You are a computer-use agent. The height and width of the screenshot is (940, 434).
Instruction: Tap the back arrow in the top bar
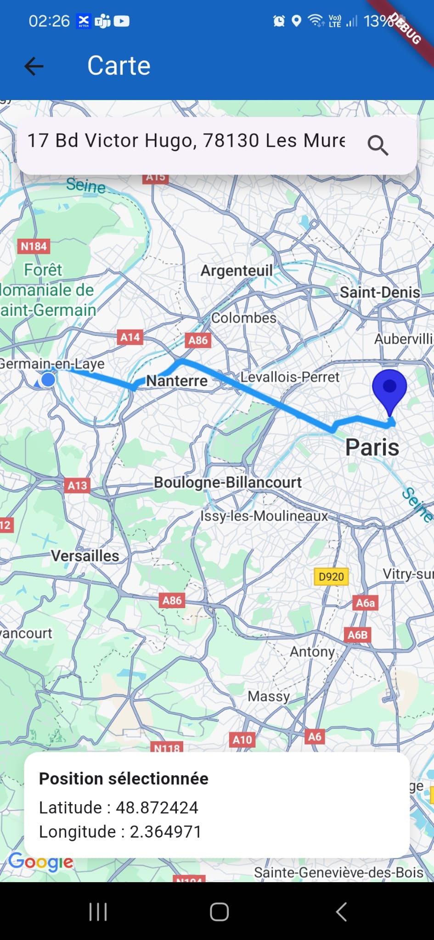coord(34,66)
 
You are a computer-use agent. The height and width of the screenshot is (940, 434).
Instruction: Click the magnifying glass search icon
coord(378,145)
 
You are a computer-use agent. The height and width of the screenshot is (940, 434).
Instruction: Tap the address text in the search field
coord(186,140)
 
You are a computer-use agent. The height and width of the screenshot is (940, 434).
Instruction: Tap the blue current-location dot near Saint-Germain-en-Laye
coord(48,380)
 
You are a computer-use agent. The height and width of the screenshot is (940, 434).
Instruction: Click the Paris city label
coord(372,447)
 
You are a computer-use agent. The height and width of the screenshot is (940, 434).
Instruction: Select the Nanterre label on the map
coord(177,380)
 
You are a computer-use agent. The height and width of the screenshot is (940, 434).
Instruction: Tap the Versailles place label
coord(85,556)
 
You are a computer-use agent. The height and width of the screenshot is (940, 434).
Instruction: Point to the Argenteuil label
coord(237,270)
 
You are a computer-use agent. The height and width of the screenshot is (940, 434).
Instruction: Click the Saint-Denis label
coord(380,292)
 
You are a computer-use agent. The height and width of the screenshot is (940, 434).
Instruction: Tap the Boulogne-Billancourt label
coord(228,482)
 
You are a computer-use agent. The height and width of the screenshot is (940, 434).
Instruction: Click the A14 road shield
coord(130,337)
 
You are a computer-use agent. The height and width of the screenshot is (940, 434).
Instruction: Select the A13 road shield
coord(77,486)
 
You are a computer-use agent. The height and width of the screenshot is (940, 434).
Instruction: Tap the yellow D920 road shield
coord(331,576)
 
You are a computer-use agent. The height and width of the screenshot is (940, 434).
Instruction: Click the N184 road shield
coord(34,246)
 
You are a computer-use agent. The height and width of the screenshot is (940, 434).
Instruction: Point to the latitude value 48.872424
coord(157,807)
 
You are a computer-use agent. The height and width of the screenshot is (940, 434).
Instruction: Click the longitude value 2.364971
coord(165,832)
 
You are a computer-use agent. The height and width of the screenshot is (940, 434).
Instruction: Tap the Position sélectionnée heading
coord(124,778)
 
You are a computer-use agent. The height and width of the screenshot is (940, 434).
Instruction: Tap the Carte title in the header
coord(119,66)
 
